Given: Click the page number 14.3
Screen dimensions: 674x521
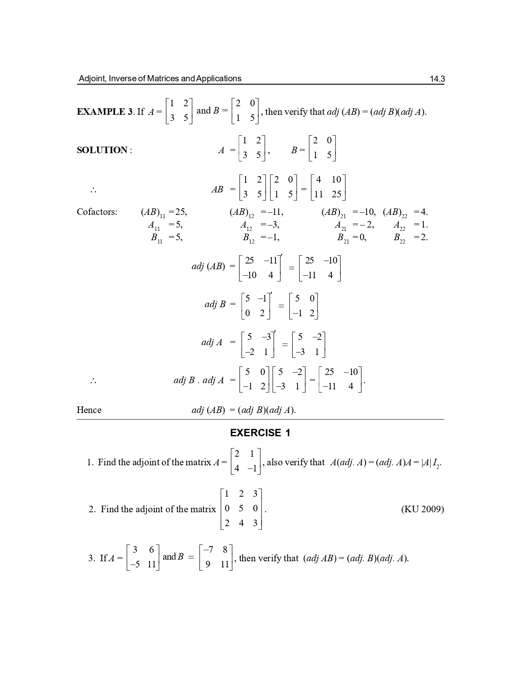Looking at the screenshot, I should [437, 79].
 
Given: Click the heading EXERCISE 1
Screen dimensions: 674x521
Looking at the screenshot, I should [260, 433].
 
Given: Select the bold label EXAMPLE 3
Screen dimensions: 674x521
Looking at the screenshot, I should [104, 112].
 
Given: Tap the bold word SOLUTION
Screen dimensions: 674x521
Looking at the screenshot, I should [102, 150].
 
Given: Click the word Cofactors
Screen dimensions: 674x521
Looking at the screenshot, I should [97, 212].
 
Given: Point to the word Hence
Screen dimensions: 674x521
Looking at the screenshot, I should [89, 410].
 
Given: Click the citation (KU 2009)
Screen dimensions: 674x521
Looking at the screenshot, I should [423, 509].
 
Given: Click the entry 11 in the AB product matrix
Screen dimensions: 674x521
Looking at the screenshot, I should [319, 194].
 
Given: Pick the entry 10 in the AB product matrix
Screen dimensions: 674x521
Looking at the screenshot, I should [336, 180].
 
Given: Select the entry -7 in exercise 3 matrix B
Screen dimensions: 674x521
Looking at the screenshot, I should [208, 550].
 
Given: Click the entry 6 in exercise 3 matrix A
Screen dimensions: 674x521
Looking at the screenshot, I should [151, 550].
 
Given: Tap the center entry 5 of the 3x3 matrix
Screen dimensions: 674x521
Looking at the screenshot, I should [241, 509].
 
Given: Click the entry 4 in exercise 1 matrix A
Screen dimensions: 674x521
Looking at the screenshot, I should [237, 469].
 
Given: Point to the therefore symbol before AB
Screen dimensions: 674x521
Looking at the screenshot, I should [93, 190].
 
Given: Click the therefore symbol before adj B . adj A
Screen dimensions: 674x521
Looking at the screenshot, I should [93, 381].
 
